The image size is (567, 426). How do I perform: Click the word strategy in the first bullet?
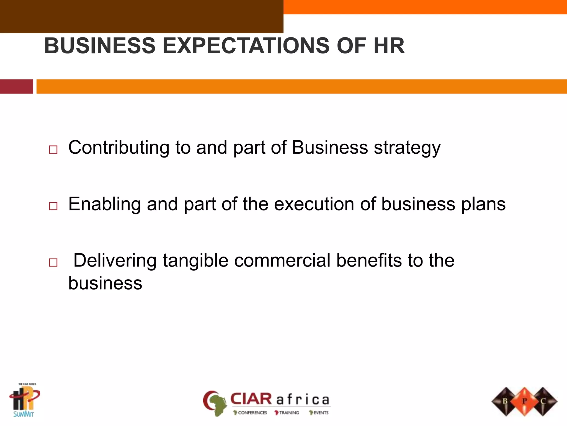coord(407,148)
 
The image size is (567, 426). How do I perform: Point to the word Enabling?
coord(104,204)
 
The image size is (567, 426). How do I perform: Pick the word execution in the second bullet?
coord(314,204)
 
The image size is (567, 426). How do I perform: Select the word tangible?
coord(195,261)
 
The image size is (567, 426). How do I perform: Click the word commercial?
coord(282,261)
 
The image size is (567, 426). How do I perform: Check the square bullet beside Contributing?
coord(53,150)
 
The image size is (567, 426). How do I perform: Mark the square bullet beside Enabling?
coord(53,206)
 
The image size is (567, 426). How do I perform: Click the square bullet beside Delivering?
coord(53,262)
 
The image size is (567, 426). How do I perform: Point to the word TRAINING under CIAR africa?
coord(289,413)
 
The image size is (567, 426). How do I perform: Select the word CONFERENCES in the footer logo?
coord(252,413)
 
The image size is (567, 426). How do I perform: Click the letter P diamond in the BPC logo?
coord(524,401)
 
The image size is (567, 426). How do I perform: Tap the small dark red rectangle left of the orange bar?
coord(16,87)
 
